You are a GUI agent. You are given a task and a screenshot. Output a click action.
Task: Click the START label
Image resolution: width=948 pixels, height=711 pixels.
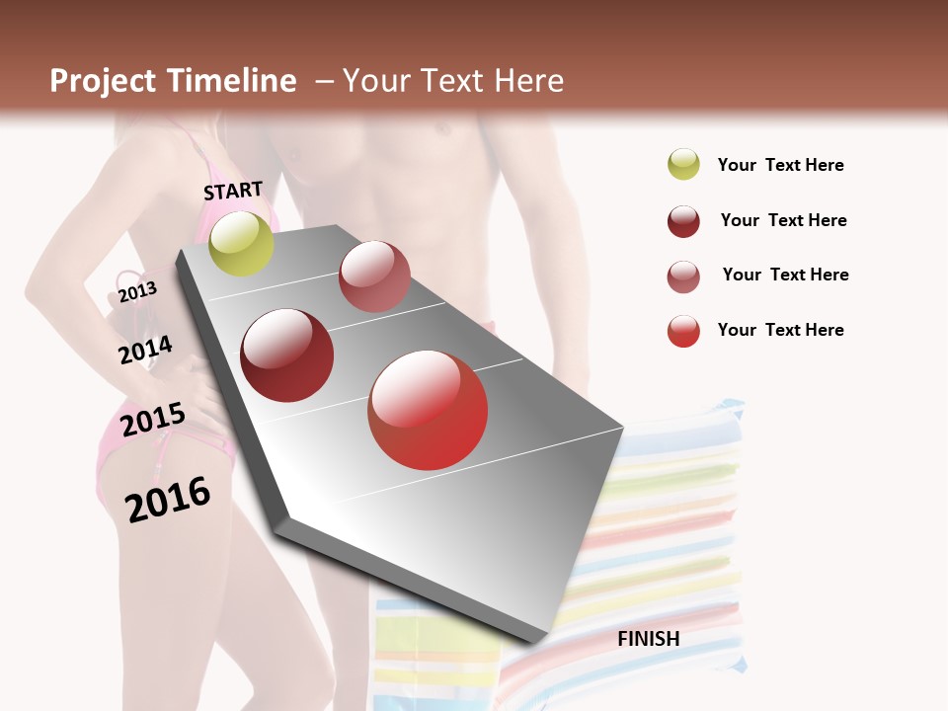[x=233, y=191]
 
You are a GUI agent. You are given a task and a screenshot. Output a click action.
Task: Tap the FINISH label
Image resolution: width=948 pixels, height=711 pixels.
[x=649, y=639]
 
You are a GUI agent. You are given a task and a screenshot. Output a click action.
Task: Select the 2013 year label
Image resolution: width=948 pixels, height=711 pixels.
[x=137, y=292]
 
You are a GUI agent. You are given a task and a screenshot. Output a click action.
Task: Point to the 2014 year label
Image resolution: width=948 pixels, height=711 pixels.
[x=145, y=351]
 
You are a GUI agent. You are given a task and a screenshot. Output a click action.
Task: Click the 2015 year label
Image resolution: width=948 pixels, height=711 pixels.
[x=153, y=420]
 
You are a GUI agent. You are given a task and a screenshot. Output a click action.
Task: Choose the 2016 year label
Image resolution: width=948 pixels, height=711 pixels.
[x=168, y=499]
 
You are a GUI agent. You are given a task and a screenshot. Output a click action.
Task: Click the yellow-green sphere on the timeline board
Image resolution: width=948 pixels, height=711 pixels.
[x=241, y=243]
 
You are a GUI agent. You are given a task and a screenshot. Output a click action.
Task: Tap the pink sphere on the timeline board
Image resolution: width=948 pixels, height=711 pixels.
[x=374, y=276]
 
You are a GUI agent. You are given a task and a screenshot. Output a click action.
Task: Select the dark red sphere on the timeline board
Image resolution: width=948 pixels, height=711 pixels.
[x=287, y=355]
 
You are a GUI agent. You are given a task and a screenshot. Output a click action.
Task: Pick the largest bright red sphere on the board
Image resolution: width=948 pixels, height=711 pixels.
[x=428, y=410]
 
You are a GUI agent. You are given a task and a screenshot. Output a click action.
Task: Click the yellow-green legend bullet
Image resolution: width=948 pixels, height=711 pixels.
[x=683, y=164]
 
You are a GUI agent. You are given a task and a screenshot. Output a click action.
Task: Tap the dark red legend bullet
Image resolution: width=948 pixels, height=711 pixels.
[x=683, y=221]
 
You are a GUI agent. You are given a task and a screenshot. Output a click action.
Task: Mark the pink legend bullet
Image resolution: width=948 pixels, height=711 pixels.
[x=683, y=276]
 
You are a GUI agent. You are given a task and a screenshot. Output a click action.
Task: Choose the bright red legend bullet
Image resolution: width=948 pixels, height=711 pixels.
[x=683, y=331]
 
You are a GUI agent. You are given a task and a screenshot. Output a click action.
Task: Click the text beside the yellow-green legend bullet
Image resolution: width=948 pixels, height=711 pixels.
[x=780, y=166]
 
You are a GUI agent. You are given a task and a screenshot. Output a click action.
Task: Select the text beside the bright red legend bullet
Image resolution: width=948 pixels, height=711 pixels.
[x=780, y=330]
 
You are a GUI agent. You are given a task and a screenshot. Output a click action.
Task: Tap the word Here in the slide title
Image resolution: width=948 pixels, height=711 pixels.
[x=528, y=81]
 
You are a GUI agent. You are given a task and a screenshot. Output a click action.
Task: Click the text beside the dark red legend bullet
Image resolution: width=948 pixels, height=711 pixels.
[x=783, y=220]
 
